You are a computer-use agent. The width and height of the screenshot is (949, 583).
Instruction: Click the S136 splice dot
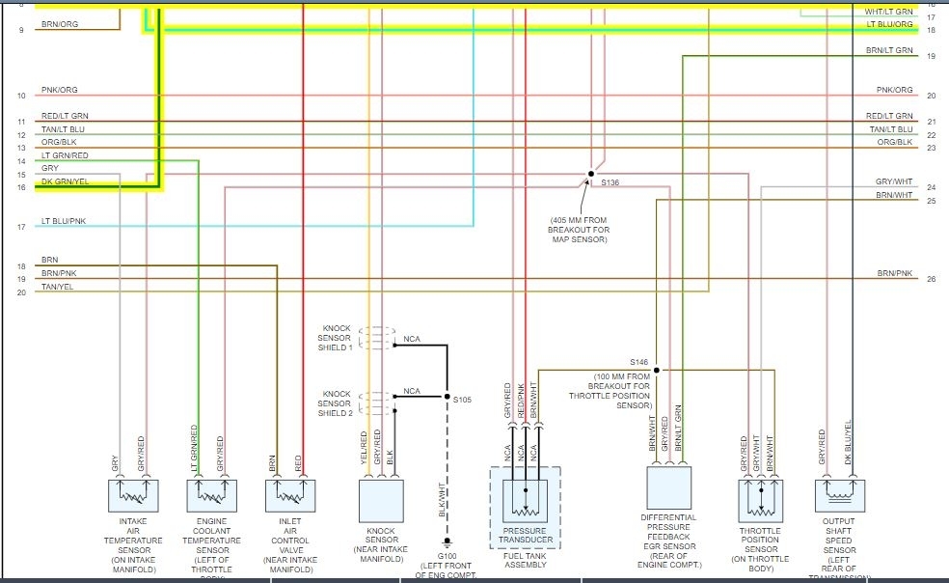pos(590,175)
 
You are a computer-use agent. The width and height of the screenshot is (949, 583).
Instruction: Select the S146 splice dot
pos(656,370)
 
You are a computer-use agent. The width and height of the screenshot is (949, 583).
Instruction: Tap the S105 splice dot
pos(447,397)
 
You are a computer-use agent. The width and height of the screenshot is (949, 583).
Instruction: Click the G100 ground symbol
pos(447,542)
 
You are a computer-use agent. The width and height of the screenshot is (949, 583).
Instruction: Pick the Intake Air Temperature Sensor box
pos(132,495)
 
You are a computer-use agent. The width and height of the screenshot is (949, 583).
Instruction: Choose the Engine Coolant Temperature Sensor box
pos(211,495)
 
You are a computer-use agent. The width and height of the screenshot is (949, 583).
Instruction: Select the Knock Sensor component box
pos(381,500)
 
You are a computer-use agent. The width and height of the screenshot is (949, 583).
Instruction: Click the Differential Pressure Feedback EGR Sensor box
pos(668,487)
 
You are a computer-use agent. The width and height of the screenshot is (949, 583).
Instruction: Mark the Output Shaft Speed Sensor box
pos(840,495)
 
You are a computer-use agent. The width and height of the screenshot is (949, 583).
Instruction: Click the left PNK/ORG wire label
pos(59,91)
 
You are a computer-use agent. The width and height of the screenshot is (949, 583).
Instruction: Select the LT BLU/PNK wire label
pos(64,221)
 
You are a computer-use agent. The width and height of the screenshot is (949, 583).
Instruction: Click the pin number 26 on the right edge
pos(931,279)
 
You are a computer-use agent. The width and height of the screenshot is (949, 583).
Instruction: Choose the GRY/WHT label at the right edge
pos(894,181)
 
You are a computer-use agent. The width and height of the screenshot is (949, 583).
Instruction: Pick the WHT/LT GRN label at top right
pos(888,12)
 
